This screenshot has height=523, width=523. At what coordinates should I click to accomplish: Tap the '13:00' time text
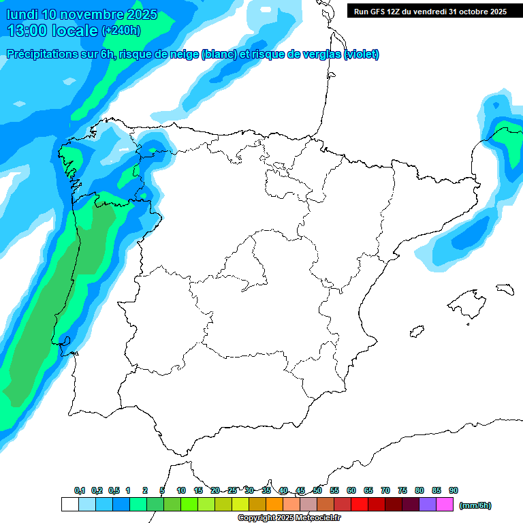29,30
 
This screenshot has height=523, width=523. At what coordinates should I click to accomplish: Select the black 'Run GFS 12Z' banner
430,11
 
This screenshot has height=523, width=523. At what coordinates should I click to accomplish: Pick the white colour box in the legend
69,504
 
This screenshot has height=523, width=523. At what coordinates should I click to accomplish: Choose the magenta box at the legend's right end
444,504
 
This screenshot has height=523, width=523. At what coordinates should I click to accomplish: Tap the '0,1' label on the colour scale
80,490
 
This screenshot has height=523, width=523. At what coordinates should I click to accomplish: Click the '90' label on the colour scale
454,490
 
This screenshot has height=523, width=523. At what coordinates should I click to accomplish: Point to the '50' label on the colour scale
317,490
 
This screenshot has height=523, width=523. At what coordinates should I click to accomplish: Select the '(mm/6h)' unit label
475,505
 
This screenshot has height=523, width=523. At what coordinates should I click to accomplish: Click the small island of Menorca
505,289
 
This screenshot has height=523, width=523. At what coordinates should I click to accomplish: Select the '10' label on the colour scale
181,490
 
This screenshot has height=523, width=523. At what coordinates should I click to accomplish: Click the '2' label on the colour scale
145,490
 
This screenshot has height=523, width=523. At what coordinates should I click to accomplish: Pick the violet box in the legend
427,504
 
